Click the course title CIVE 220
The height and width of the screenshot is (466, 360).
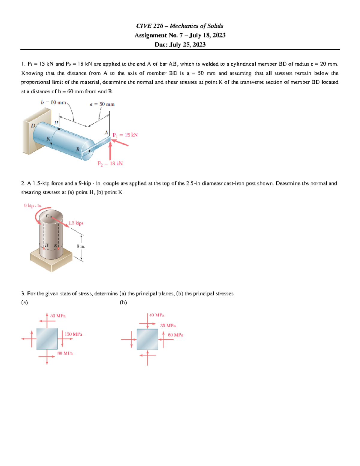(x=150, y=26)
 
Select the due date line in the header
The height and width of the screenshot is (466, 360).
(x=180, y=44)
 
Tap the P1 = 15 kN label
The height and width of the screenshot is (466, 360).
(x=125, y=135)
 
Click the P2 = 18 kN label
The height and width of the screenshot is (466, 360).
(x=110, y=164)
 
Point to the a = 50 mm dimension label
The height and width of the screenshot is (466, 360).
(x=102, y=104)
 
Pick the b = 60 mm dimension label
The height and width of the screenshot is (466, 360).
(x=53, y=102)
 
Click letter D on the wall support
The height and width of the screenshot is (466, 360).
(x=33, y=125)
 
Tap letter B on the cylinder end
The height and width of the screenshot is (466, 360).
(x=77, y=149)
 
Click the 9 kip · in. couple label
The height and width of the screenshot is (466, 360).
(x=33, y=206)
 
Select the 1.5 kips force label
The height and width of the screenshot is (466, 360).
(x=76, y=223)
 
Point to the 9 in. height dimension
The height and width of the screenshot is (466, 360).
(x=81, y=246)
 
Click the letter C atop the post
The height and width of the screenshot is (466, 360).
(x=48, y=215)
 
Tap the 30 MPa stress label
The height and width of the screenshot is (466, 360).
(x=58, y=316)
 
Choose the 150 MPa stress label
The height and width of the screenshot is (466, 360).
(x=73, y=334)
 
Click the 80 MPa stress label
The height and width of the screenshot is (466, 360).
(x=65, y=353)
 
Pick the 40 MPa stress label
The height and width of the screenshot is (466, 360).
(x=157, y=315)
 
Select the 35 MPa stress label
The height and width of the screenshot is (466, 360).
(x=168, y=326)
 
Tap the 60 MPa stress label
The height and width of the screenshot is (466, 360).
(x=175, y=335)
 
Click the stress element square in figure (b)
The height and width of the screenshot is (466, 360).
(x=147, y=339)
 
